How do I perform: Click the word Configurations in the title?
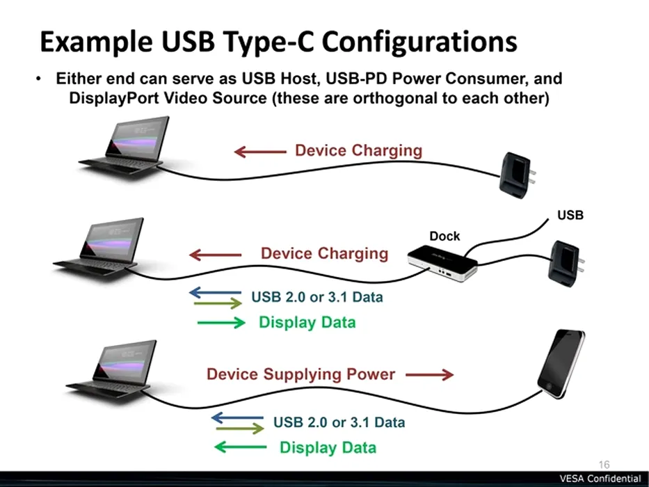tap(419, 42)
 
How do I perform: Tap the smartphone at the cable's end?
tap(561, 364)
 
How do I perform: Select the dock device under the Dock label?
tap(442, 264)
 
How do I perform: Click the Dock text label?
tap(444, 236)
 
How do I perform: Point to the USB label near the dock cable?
tap(570, 215)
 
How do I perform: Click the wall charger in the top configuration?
tap(517, 175)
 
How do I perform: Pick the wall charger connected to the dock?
tap(566, 264)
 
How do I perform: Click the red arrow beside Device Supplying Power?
tap(429, 374)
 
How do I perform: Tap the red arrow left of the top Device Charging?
tap(260, 152)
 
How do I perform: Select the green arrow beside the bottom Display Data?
tap(241, 447)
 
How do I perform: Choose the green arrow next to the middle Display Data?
tap(221, 322)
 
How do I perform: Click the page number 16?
tap(604, 465)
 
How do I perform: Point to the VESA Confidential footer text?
tap(600, 479)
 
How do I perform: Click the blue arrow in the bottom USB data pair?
tap(237, 417)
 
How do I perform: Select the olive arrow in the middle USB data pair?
tap(218, 303)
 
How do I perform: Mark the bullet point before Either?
tap(38, 78)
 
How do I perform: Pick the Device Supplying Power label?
tap(301, 374)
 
